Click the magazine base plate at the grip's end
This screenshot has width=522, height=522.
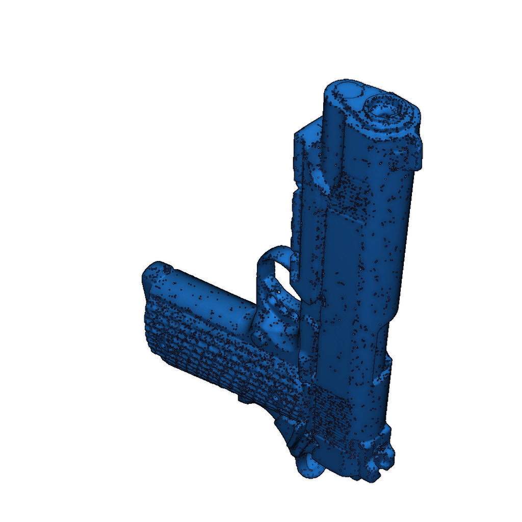click(153, 275)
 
